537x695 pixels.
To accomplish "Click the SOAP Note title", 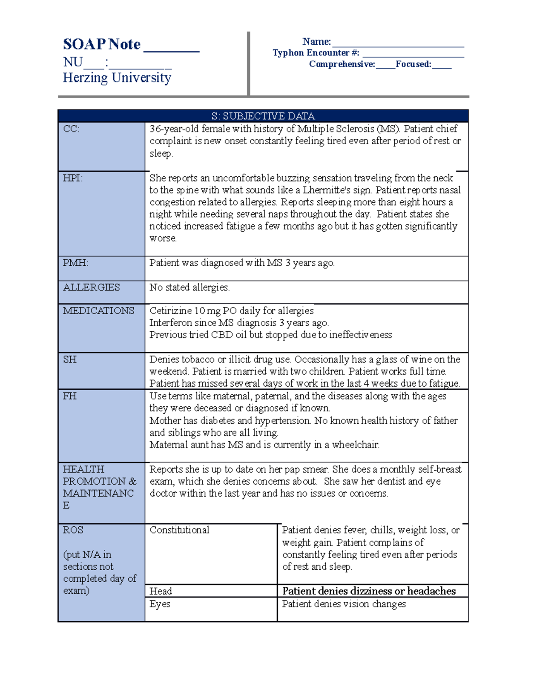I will point(102,44).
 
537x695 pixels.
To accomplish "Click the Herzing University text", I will point(117,78).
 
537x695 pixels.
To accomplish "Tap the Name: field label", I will point(316,42).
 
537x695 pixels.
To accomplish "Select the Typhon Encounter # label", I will point(316,53).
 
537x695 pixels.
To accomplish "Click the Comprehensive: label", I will point(342,64).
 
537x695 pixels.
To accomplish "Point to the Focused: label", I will point(413,64).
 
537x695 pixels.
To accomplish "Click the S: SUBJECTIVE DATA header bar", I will point(263,116).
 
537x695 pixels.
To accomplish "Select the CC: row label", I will point(71,129).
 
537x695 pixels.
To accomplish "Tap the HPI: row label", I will point(72,178).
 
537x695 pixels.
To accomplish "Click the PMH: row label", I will point(75,263).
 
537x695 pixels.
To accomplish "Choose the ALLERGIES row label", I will point(91,287).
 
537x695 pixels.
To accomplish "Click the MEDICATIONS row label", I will point(98,311).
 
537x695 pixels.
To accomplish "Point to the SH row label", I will point(70,359).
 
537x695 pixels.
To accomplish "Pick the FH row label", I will point(69,396).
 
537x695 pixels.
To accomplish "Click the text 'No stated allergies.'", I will point(189,287).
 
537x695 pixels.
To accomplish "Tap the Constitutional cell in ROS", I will point(179,530).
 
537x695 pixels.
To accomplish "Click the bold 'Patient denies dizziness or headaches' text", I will point(369,591).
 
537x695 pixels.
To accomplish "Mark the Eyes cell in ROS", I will point(160,604).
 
